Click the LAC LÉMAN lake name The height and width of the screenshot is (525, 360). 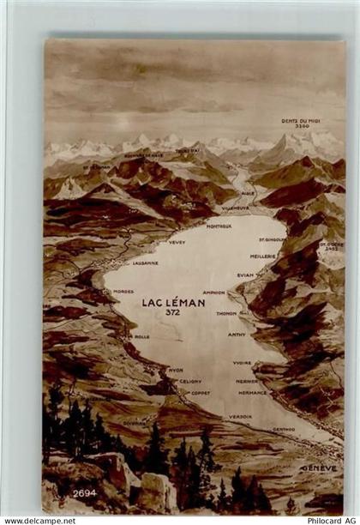point(173,302)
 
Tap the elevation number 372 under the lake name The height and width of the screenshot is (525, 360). point(173,312)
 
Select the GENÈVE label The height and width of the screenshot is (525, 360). point(318,468)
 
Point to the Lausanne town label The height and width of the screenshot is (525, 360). point(145,262)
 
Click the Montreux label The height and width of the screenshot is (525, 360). point(219,226)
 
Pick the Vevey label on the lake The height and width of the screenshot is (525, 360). point(177,243)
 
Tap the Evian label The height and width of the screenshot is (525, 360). point(247,275)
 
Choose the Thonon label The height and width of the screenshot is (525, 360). point(226,313)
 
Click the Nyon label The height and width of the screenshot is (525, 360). point(176,370)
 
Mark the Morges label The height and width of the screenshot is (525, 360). point(123,291)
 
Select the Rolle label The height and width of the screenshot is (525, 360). point(141,336)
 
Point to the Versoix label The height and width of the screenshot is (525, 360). point(240,416)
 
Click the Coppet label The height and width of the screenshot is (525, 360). point(201,393)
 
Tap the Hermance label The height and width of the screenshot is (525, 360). point(252,392)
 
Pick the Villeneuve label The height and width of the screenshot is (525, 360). point(235,208)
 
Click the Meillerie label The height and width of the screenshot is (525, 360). point(262,256)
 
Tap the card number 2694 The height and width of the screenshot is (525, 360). point(85,492)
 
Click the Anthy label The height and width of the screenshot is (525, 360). point(237,334)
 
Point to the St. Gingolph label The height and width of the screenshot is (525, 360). point(274,239)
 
